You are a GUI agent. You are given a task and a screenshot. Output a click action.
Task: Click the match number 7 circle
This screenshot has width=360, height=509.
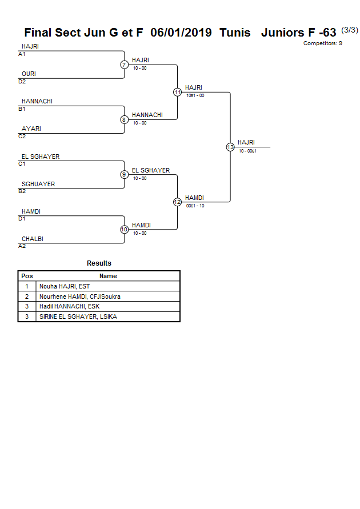(x=124, y=65)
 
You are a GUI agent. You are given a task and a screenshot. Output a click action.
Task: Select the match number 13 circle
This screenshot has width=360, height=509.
(x=230, y=147)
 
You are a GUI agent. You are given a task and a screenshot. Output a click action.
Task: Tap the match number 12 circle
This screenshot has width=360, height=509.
(x=177, y=202)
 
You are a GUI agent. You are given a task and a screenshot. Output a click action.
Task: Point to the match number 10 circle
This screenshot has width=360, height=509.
(x=124, y=230)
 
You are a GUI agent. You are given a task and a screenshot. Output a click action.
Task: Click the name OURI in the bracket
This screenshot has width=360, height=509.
(x=29, y=74)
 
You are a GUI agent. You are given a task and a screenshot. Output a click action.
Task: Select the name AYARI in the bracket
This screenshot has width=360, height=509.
(x=31, y=129)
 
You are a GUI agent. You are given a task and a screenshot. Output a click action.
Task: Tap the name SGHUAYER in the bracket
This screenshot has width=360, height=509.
(x=38, y=184)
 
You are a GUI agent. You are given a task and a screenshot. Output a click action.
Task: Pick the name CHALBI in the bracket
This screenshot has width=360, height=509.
(x=33, y=239)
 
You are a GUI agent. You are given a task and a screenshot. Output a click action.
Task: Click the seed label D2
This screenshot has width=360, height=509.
(x=22, y=82)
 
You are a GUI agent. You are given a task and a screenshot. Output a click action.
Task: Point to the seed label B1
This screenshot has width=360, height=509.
(x=22, y=109)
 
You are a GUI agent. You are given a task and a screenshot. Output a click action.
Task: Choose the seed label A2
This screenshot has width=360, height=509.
(x=22, y=246)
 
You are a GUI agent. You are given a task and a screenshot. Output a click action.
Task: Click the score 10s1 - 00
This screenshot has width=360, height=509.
(x=195, y=95)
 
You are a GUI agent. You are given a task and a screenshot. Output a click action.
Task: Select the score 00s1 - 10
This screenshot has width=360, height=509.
(x=195, y=206)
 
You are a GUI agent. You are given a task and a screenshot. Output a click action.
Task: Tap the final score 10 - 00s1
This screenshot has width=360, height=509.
(x=247, y=151)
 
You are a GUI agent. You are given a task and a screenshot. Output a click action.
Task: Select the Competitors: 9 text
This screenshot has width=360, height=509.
(x=322, y=43)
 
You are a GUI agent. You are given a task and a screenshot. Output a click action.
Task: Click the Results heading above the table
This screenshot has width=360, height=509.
(x=99, y=263)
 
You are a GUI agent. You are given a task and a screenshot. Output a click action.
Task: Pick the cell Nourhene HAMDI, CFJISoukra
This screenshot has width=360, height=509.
(x=80, y=296)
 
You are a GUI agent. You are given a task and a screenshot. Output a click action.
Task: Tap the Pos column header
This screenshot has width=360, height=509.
(x=27, y=276)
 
